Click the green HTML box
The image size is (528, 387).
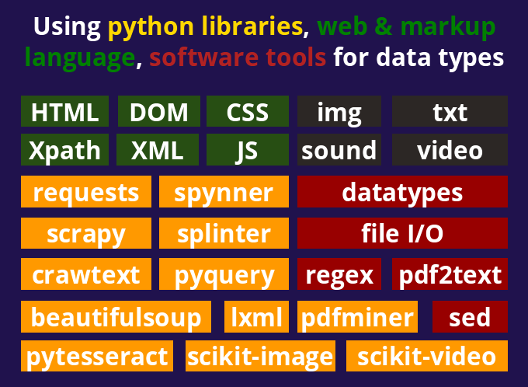click(x=65, y=112)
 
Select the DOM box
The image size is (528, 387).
click(x=159, y=112)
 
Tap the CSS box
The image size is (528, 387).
click(x=248, y=112)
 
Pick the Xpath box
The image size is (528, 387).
click(x=65, y=149)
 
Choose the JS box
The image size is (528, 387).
click(x=248, y=149)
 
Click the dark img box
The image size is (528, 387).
click(x=339, y=112)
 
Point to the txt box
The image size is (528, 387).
click(x=450, y=112)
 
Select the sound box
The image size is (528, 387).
click(x=339, y=149)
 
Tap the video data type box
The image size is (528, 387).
click(x=450, y=149)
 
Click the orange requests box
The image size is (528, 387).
click(x=86, y=192)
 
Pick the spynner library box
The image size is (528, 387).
click(x=224, y=192)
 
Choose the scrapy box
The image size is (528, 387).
click(x=86, y=233)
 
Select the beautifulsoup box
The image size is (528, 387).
click(x=116, y=317)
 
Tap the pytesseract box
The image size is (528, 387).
click(x=97, y=356)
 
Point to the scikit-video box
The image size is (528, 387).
click(x=426, y=356)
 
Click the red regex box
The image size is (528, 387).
click(x=339, y=274)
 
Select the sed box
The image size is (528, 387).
click(x=470, y=317)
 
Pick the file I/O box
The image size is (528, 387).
click(x=402, y=233)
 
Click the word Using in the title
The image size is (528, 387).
click(x=67, y=28)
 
